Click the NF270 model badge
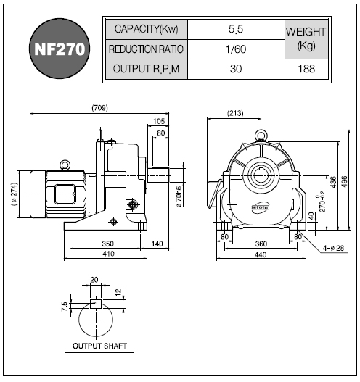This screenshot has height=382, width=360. tap(60, 49)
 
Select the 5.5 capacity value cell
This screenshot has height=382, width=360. tap(236, 29)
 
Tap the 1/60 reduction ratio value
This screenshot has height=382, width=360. tap(236, 49)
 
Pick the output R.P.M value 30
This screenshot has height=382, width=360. tap(236, 69)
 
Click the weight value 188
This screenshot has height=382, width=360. tap(306, 69)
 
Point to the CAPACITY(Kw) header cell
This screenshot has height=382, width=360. tap(147, 29)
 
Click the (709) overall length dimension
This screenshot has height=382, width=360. tap(99, 108)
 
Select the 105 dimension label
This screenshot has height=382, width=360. tap(159, 121)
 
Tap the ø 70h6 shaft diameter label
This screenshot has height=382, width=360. tap(179, 197)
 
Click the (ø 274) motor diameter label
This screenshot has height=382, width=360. tap(14, 194)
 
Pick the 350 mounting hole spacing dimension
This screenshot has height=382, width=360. tap(108, 244)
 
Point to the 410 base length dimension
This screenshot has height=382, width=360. tap(108, 254)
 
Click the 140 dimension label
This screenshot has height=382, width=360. tap(157, 244)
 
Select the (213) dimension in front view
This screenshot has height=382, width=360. tap(235, 113)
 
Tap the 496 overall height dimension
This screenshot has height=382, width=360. tap(344, 182)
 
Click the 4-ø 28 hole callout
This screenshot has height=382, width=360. tap(333, 248)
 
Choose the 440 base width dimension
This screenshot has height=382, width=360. tap(261, 255)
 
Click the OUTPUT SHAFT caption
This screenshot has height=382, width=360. tap(99, 346)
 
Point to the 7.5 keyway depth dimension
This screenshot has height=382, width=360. tap(65, 307)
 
